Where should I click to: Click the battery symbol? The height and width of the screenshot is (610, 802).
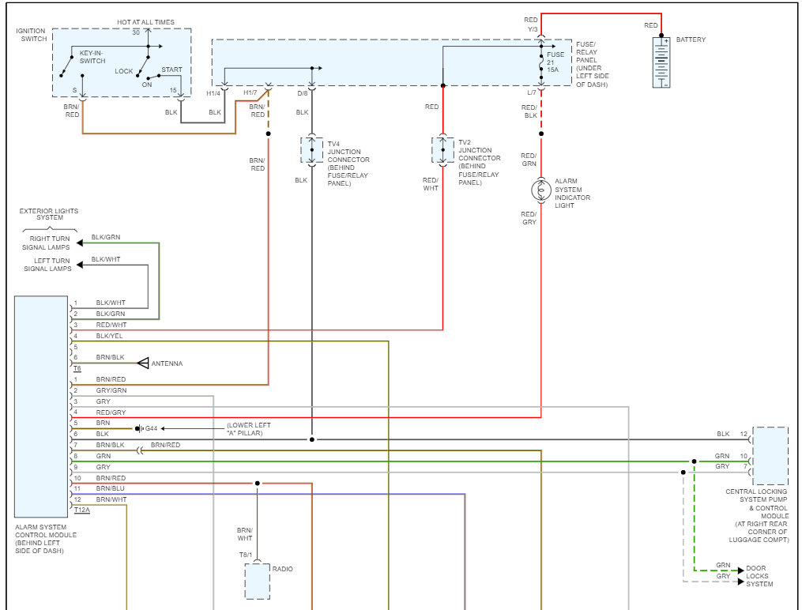661,62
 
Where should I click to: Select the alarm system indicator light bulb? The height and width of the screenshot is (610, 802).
541,190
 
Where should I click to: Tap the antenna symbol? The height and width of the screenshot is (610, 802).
143,363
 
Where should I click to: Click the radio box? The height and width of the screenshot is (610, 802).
257,582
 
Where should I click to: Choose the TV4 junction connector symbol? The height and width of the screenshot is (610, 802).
311,150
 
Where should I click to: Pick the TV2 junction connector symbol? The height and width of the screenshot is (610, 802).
442,150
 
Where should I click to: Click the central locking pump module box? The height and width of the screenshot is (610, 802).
770,456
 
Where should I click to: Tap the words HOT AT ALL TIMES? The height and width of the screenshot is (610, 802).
145,22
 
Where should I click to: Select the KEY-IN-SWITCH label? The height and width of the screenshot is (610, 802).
92,57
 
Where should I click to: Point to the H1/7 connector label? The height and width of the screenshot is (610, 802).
250,93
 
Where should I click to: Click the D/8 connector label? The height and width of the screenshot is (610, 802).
303,93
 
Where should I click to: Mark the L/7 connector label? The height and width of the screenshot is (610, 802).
532,93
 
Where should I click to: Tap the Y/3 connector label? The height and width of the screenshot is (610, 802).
533,29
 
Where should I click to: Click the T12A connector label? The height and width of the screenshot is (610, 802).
82,510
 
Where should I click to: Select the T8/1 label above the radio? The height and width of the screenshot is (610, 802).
246,555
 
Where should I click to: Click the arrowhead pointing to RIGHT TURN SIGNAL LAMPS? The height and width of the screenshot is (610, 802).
80,243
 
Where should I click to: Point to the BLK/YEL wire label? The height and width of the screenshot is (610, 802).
110,336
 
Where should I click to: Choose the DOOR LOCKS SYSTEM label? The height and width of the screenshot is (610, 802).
759,576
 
